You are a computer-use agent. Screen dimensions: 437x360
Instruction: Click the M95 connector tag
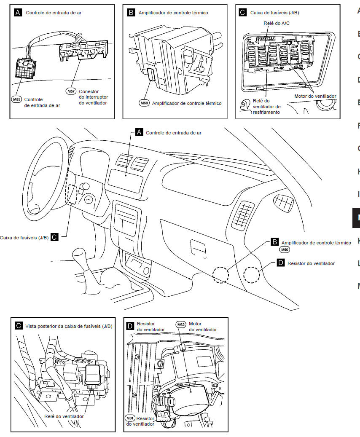click(x=16, y=99)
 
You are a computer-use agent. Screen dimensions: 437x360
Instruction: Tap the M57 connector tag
click(x=71, y=91)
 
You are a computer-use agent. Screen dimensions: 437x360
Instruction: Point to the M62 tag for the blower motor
click(x=181, y=324)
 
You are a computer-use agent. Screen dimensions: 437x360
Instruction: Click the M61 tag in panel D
click(x=130, y=418)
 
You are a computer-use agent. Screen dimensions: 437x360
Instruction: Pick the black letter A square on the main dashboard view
click(x=140, y=132)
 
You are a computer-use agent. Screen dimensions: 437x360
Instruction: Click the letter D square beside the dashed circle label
click(x=281, y=263)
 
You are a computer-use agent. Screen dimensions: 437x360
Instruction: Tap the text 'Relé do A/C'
click(x=276, y=23)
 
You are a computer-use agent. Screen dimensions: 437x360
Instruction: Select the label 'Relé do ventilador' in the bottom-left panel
click(x=64, y=416)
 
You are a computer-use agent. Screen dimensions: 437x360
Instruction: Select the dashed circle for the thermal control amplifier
click(x=220, y=275)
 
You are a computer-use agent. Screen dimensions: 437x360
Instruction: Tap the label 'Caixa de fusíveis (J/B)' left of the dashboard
click(x=24, y=238)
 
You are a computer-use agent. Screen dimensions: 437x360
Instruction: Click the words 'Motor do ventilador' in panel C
click(x=315, y=96)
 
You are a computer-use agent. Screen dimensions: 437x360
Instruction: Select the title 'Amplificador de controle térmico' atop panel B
click(x=173, y=13)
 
